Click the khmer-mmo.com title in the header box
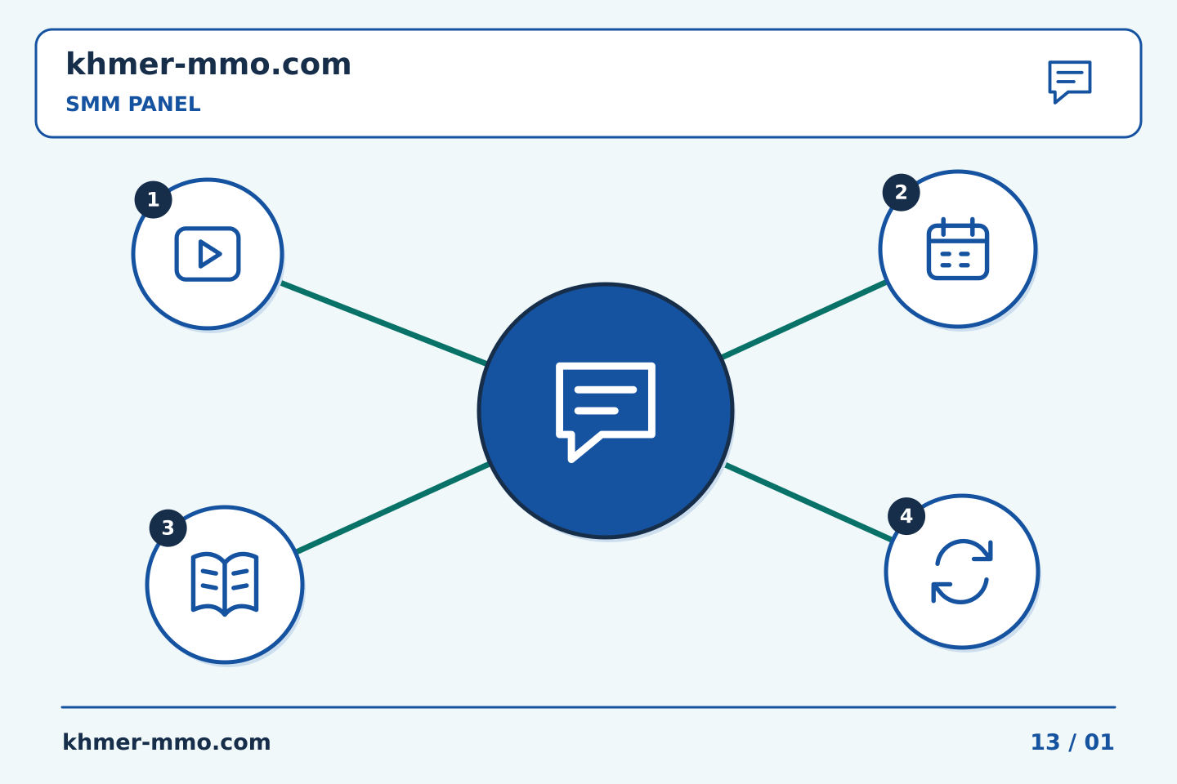(x=208, y=65)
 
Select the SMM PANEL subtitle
(x=133, y=104)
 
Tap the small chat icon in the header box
(x=1070, y=82)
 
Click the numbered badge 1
(x=154, y=199)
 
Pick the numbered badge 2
(x=901, y=192)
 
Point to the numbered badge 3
(x=168, y=528)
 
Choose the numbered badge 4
(x=906, y=515)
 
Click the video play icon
(x=208, y=254)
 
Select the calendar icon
(x=958, y=248)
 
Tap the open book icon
(x=225, y=584)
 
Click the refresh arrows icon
(x=962, y=572)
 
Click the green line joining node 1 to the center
(x=384, y=323)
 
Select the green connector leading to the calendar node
(x=804, y=319)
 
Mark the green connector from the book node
(x=393, y=508)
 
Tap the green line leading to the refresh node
(x=808, y=502)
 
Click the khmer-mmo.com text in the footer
(x=167, y=742)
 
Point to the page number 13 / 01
(x=1072, y=742)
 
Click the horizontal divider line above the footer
(x=588, y=707)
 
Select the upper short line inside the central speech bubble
(x=606, y=390)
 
